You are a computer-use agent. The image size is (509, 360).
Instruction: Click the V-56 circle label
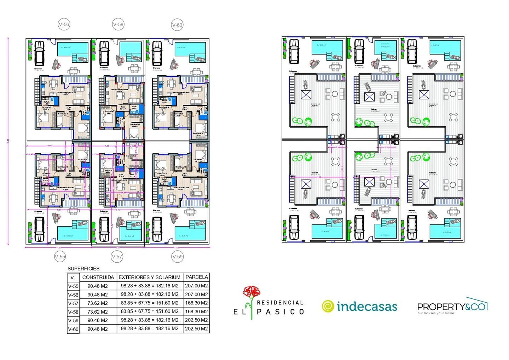64,24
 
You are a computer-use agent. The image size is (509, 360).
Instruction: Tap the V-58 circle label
118,24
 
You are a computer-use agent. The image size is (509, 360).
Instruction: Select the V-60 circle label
177,25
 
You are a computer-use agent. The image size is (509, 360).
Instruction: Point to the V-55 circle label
60,257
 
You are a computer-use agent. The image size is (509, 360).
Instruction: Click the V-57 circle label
117,257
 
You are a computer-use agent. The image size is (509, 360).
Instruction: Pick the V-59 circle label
177,257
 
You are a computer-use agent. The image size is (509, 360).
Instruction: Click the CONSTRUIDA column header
98,277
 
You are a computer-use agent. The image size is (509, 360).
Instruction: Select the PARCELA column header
197,277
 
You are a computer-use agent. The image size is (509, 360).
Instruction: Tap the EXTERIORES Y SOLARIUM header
149,277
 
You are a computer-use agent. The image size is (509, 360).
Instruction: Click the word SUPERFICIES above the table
83,269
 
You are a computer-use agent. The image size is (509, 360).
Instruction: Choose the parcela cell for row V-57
197,303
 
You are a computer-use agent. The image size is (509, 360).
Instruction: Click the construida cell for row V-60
98,329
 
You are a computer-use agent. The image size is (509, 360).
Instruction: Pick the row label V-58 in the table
73,312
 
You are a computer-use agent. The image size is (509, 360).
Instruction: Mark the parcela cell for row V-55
197,286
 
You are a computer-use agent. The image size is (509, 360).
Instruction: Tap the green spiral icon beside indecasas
328,306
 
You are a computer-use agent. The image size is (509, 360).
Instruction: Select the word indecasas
367,307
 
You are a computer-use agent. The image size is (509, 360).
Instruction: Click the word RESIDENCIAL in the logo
280,303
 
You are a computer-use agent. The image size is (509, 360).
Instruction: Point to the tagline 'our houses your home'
435,313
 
